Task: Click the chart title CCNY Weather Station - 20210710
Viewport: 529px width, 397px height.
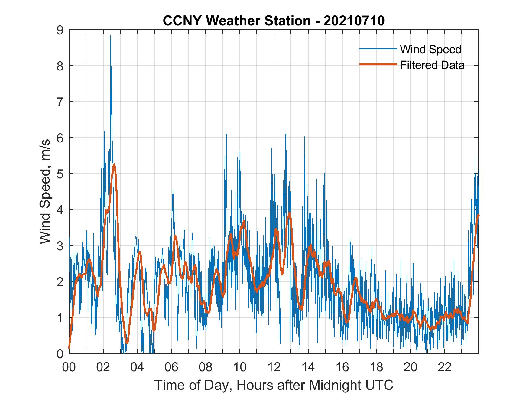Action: point(274,21)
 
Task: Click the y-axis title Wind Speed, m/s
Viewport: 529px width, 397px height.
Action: point(45,191)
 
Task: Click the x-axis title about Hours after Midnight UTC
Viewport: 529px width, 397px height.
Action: point(274,385)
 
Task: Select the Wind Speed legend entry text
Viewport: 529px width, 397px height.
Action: point(430,49)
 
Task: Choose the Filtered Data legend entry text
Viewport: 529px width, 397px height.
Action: point(432,65)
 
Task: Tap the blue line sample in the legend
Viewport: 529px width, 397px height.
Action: point(378,49)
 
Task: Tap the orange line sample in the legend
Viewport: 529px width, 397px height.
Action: point(378,65)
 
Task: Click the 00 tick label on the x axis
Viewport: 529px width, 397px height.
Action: point(69,368)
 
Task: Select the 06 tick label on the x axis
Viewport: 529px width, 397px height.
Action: point(171,368)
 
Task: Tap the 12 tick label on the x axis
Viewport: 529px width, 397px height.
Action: point(274,368)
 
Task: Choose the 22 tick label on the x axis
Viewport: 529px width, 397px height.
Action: point(445,368)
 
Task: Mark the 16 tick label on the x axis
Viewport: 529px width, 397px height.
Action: point(342,368)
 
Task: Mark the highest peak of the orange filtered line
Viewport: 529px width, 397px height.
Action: point(114,164)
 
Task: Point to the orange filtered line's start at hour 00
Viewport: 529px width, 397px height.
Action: point(70,348)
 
